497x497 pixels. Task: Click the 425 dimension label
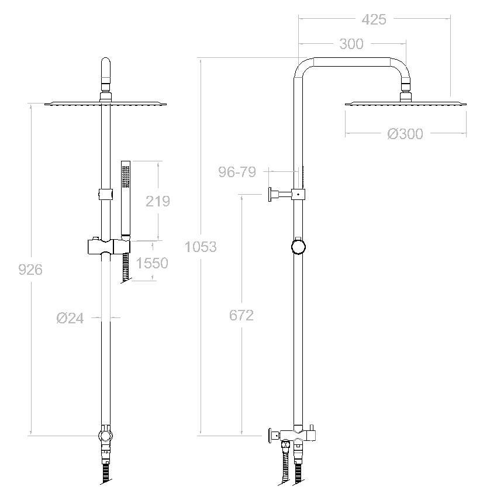click(x=374, y=19)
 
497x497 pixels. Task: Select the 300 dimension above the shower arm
click(x=351, y=44)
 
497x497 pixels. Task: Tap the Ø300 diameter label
click(x=405, y=134)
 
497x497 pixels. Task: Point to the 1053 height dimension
click(x=201, y=247)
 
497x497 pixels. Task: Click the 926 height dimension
click(x=30, y=270)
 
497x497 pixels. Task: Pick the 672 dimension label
click(x=241, y=315)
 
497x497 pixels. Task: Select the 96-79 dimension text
click(x=237, y=172)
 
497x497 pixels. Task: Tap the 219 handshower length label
click(x=157, y=201)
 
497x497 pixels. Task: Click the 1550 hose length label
click(x=151, y=263)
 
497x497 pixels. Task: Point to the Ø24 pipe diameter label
click(x=70, y=318)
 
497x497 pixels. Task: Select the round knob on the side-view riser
click(x=298, y=246)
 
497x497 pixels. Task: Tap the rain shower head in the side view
click(x=405, y=104)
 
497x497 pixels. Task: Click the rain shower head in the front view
click(x=106, y=104)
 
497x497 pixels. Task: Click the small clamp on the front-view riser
click(x=106, y=193)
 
